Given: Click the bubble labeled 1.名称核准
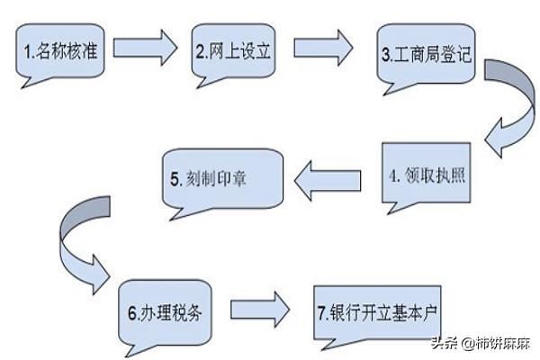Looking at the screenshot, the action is coord(60,51).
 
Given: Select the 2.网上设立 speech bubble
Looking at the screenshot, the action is coord(233,51).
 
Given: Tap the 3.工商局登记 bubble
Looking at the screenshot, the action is coord(426,54).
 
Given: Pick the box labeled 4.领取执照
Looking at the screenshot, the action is coord(427,174).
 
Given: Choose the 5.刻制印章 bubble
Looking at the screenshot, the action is coord(222,179).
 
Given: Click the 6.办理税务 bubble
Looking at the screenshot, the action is coord(165,313).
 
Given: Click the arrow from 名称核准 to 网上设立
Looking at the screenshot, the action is coord(145,48).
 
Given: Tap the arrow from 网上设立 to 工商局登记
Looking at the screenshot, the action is coord(323,48).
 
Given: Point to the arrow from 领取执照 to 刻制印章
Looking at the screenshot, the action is coord(328,181).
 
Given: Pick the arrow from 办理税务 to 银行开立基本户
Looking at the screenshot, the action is coord(260,310).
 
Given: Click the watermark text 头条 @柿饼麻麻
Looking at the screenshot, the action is coord(481,344).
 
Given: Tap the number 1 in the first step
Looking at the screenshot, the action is coord(27,51).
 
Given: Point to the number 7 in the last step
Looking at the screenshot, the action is coord(321,313).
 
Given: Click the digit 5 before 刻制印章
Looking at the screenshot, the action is coord(175,179).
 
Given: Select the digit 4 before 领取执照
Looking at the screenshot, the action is coord(393,175).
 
